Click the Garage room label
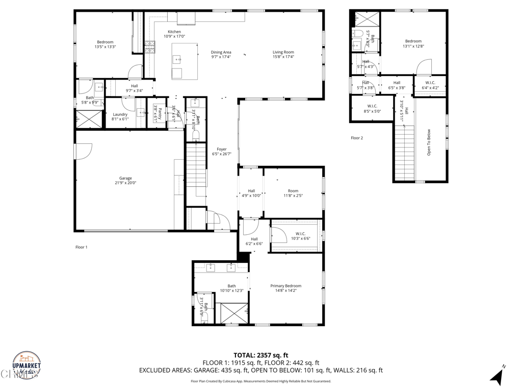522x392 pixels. click(x=125, y=178)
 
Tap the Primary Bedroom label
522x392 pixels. click(x=285, y=286)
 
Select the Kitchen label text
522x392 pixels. click(x=174, y=32)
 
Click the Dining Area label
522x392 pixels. click(x=221, y=52)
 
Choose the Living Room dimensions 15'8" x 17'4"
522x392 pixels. click(x=283, y=57)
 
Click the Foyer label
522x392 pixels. click(x=222, y=150)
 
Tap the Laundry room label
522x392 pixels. click(x=120, y=114)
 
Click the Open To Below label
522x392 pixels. click(x=429, y=142)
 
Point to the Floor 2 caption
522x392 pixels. click(x=357, y=138)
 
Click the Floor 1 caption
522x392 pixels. click(x=82, y=247)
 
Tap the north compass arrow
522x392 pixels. click(x=497, y=377)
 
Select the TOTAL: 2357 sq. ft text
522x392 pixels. click(x=261, y=355)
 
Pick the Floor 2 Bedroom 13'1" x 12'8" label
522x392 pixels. click(x=413, y=41)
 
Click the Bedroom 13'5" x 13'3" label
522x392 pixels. click(x=106, y=42)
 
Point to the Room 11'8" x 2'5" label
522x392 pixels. click(x=293, y=191)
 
